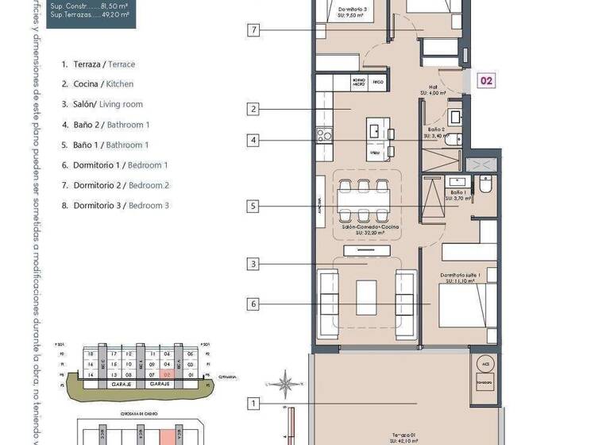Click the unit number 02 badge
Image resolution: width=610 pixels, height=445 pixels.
coord(485,79)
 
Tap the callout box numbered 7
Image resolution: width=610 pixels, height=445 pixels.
coord(253,31)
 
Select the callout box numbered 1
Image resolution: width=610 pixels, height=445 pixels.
coord(253,404)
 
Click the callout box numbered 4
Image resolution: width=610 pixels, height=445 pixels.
coord(253,141)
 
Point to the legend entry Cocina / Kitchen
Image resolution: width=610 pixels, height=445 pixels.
coord(98,84)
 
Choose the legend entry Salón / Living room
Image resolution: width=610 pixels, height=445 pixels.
coord(102,104)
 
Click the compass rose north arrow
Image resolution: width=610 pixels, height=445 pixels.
coord(284,385)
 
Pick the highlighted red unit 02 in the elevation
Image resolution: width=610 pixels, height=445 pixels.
coord(167,374)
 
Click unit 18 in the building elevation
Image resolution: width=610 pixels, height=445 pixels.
coord(91,354)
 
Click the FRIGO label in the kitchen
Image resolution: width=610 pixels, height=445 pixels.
coord(378,82)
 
